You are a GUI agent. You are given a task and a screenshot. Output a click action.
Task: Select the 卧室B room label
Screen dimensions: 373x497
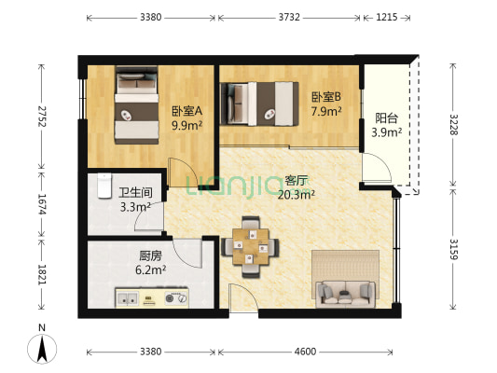click(325, 96)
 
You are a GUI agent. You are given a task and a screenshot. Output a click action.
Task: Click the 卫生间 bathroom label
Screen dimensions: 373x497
click(135, 194)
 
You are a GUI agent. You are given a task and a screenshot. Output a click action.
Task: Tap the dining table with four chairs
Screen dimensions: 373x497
click(250, 247)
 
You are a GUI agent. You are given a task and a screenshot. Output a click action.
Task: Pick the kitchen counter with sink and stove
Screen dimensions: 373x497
click(151, 298)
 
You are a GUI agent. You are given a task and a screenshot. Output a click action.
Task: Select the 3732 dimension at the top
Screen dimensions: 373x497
click(289, 17)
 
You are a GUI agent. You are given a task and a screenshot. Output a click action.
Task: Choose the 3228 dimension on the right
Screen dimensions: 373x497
click(454, 126)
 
